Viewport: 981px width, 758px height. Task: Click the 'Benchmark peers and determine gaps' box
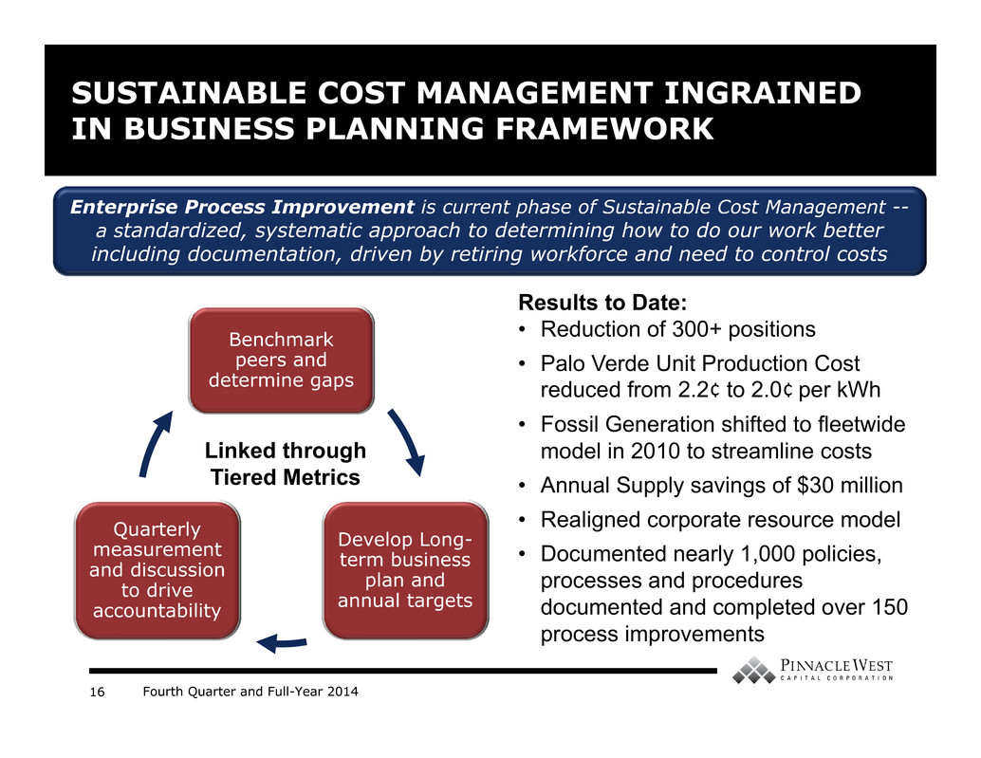[x=282, y=361]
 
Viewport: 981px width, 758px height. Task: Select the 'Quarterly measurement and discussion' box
[x=157, y=570]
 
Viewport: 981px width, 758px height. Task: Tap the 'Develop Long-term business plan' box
[x=405, y=570]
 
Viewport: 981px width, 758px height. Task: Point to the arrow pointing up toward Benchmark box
[x=153, y=443]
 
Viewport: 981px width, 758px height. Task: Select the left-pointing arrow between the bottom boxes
[x=282, y=642]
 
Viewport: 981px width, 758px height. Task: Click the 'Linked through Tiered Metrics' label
[x=286, y=463]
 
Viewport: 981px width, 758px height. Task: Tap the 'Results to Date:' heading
[x=602, y=303]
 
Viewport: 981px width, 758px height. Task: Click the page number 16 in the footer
[x=97, y=692]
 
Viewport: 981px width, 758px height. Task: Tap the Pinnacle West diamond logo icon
[x=753, y=670]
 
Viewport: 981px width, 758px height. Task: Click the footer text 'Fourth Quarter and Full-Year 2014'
[x=250, y=692]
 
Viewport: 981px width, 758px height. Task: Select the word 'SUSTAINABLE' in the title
[x=189, y=93]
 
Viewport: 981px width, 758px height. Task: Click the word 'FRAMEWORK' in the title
[x=603, y=129]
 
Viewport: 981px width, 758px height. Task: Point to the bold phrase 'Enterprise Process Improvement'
[x=242, y=207]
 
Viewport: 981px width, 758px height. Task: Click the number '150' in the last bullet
[x=889, y=607]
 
